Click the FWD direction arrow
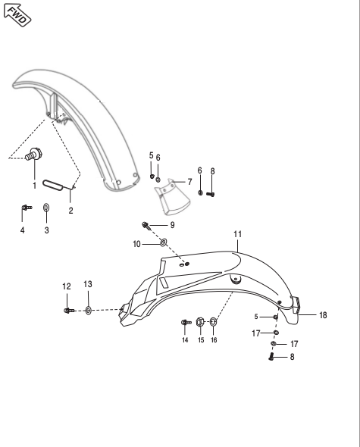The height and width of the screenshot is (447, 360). tap(17, 15)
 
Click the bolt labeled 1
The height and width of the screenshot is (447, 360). tap(34, 154)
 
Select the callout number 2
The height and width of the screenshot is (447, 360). tap(70, 211)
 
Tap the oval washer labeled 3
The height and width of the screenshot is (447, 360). tap(46, 208)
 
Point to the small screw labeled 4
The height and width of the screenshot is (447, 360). tap(27, 208)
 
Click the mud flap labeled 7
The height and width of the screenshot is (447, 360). tap(172, 198)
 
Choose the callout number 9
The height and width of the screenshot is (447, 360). tap(172, 225)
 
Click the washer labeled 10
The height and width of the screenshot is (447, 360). tap(163, 243)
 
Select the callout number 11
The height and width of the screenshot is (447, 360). tap(238, 234)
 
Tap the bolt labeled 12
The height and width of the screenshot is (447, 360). tap(69, 310)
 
